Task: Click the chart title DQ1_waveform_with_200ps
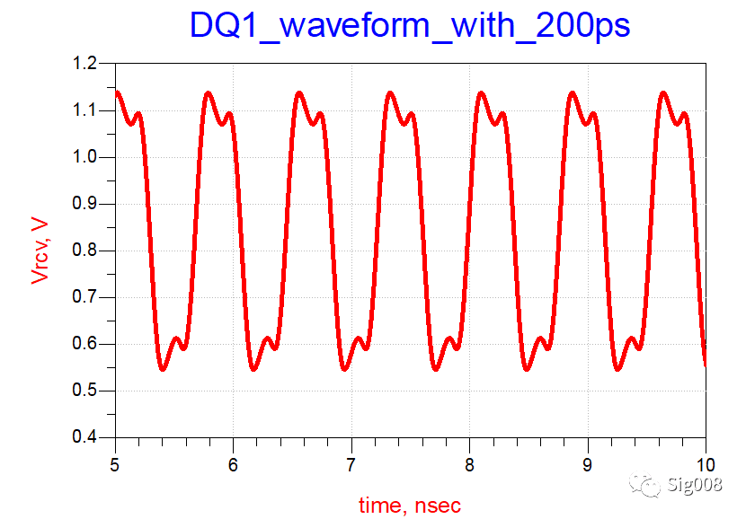(x=410, y=26)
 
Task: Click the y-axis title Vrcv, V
(x=40, y=251)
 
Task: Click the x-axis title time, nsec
(x=410, y=505)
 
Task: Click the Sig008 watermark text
(x=697, y=486)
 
